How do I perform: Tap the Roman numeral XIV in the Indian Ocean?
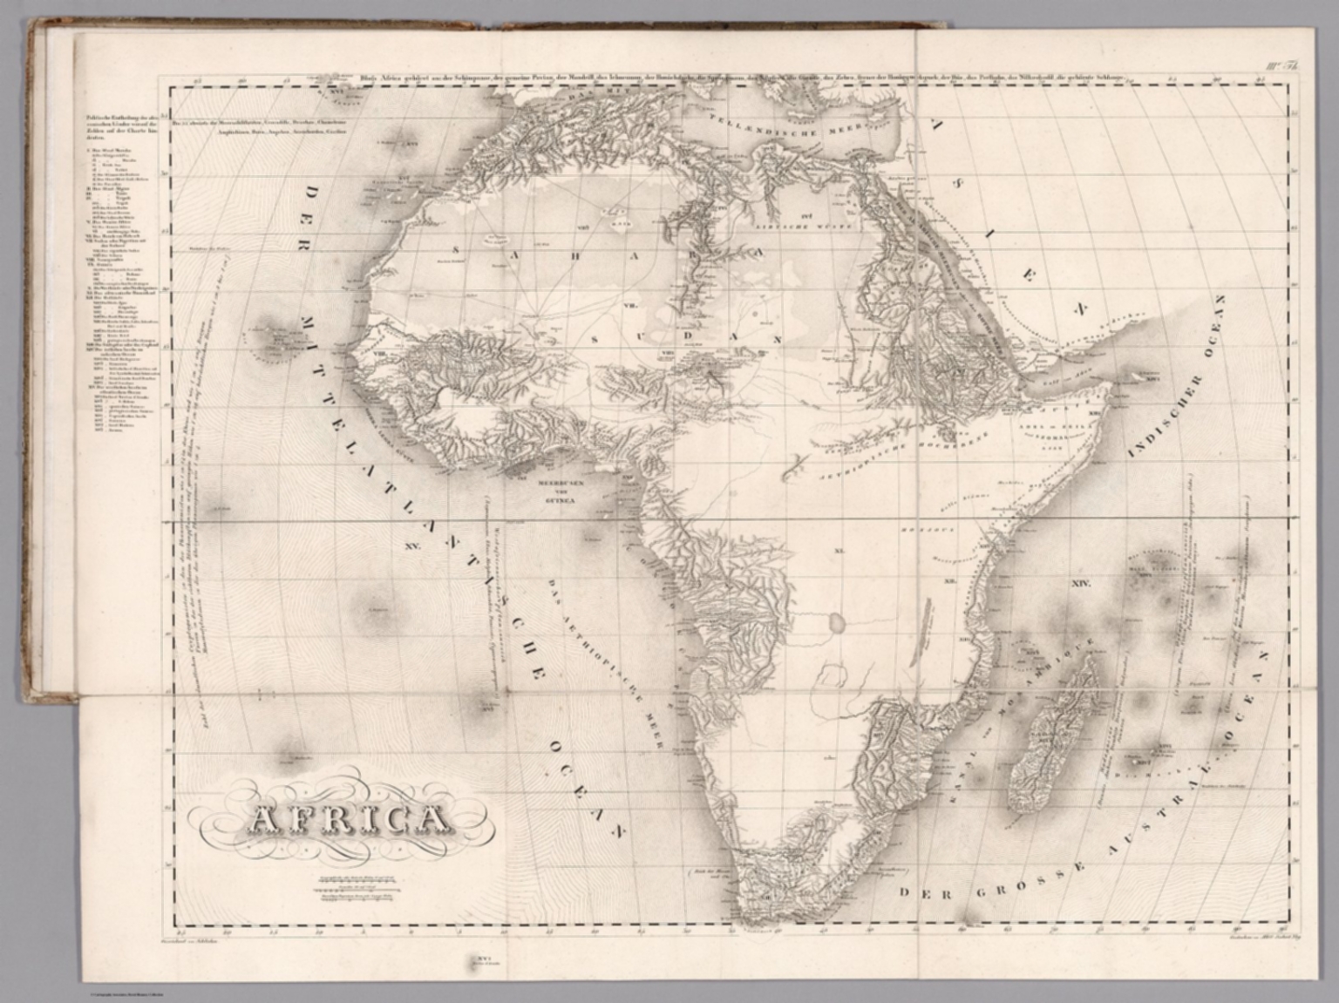pyautogui.click(x=1080, y=583)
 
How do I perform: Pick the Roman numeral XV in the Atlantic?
pyautogui.click(x=412, y=546)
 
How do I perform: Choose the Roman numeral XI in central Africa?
pyautogui.click(x=839, y=551)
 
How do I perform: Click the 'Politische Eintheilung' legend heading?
pyautogui.click(x=118, y=127)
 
